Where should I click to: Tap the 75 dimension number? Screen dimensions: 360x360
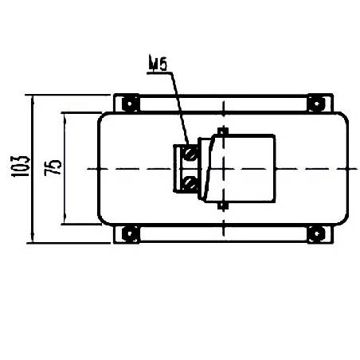pos(53,168)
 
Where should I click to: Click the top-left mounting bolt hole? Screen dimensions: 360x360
pos(127,103)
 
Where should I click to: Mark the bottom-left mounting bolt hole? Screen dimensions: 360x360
pos(127,233)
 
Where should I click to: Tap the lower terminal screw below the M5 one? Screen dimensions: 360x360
pos(190,185)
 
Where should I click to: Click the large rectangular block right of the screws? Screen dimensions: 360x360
pos(247,168)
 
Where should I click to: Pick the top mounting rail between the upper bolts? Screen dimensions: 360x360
pos(223,99)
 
